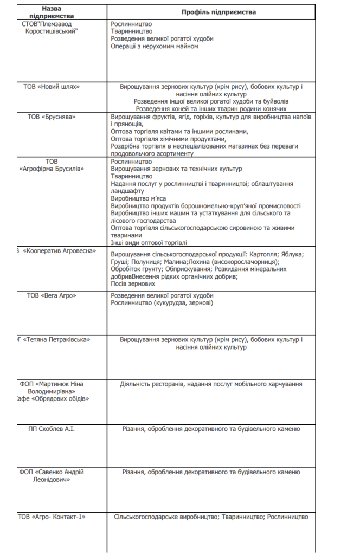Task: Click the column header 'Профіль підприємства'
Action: tap(210, 12)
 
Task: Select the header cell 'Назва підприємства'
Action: tap(52, 12)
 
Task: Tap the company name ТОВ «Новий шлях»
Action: tap(52, 86)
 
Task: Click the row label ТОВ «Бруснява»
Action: tap(52, 117)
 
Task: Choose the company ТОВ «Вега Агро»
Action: tap(52, 295)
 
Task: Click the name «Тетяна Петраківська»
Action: tap(55, 339)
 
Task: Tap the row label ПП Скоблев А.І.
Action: tap(52, 429)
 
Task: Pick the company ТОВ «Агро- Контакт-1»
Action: tap(52, 517)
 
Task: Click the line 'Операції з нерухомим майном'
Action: tap(155, 47)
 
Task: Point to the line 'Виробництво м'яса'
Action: tap(138, 198)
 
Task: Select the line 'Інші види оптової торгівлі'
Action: tap(149, 243)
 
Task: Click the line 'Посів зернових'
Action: tap(133, 283)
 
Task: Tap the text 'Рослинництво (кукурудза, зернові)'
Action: tap(162, 303)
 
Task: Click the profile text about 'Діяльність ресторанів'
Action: tap(211, 384)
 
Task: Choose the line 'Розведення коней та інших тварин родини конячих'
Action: tap(211, 108)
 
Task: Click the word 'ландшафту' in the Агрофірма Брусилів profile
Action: tap(127, 191)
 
